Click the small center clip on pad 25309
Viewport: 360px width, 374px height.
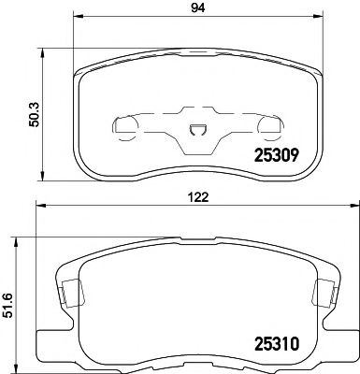195,133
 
